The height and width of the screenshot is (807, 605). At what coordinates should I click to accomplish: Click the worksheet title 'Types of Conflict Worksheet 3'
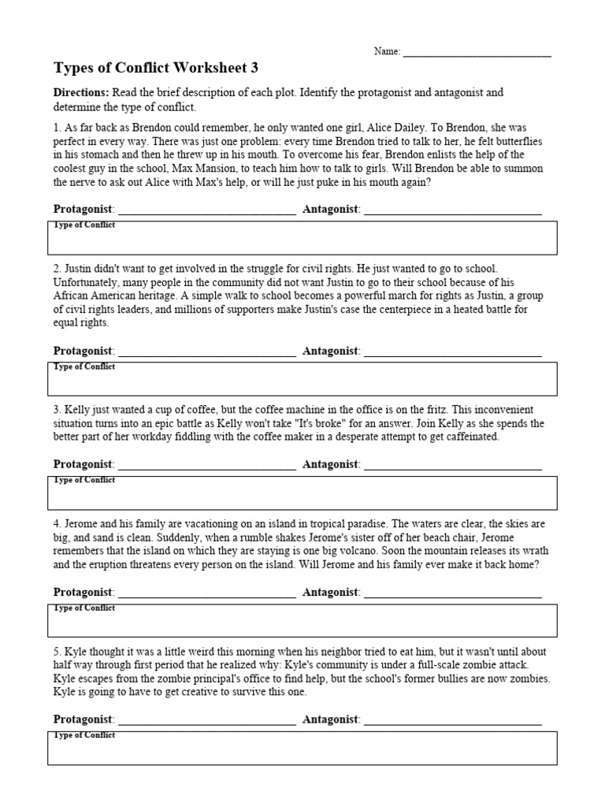click(155, 68)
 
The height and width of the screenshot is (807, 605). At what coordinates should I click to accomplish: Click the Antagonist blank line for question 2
click(453, 351)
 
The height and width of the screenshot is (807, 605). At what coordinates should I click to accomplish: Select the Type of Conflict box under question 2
click(302, 379)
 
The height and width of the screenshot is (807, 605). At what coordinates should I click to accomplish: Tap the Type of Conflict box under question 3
click(302, 493)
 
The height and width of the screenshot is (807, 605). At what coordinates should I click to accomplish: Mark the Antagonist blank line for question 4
click(453, 592)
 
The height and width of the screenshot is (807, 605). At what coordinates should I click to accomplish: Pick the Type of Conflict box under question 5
click(302, 748)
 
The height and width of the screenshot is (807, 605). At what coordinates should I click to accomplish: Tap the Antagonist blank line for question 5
click(453, 720)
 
